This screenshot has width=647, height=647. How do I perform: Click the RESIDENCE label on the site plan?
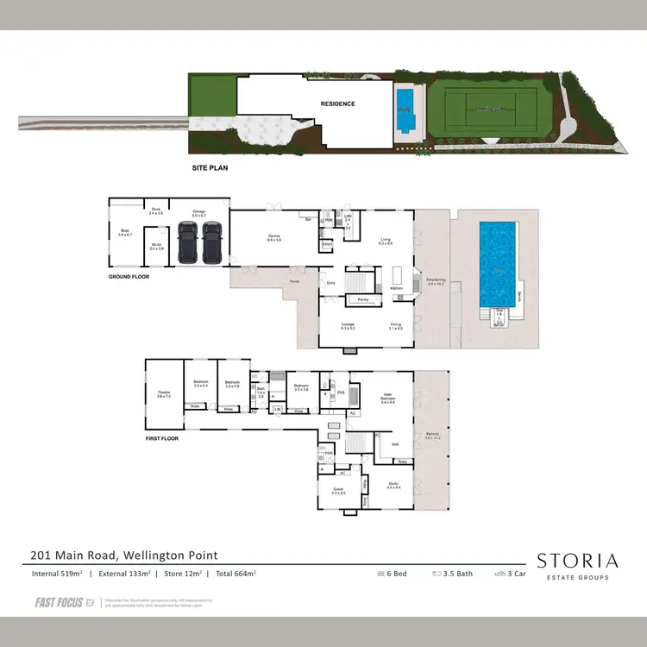coord(337,104)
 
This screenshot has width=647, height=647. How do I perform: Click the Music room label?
coord(156,247)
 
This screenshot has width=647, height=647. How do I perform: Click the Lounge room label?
coord(348,326)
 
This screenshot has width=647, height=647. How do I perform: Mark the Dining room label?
coord(395,326)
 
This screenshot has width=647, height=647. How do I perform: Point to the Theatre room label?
coord(164,394)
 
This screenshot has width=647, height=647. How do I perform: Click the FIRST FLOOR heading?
coord(163,439)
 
